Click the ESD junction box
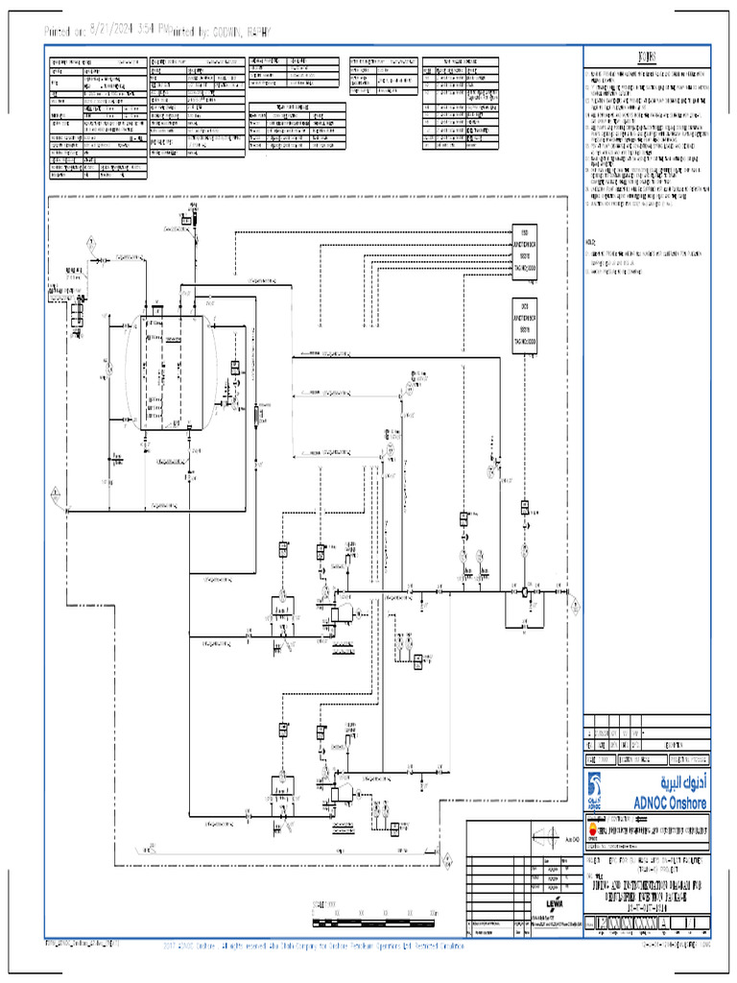click(524, 252)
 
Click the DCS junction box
click(524, 326)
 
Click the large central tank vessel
click(172, 370)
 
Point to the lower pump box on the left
click(281, 779)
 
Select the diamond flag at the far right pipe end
click(574, 605)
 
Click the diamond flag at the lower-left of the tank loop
click(55, 492)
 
